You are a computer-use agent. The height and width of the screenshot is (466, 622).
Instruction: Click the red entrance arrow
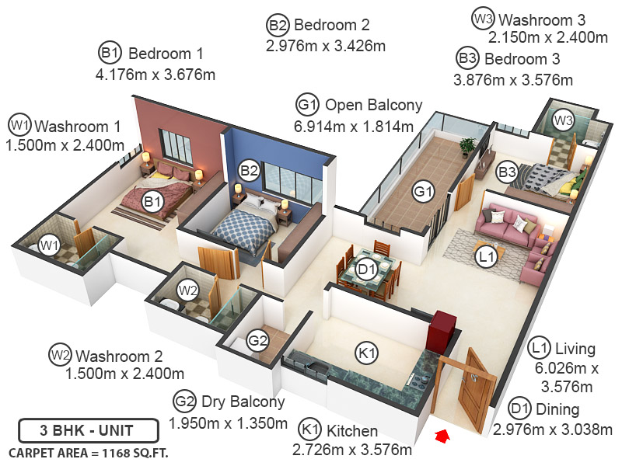click(442, 437)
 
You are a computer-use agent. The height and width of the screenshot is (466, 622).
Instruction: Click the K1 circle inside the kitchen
click(367, 353)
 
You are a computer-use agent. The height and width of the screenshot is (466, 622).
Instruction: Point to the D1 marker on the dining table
click(367, 270)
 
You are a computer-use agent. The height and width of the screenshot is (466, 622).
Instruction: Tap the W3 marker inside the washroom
click(563, 120)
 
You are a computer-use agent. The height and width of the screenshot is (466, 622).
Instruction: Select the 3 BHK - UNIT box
click(88, 430)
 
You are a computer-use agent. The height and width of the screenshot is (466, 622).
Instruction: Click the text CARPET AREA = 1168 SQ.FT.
click(88, 452)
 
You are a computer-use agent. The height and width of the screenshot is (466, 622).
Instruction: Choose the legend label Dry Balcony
click(243, 402)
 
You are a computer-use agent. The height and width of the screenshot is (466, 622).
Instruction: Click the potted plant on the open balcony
click(467, 146)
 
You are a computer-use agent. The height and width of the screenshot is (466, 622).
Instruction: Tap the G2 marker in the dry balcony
click(257, 339)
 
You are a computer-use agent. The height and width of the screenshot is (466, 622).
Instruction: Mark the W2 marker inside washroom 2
click(187, 290)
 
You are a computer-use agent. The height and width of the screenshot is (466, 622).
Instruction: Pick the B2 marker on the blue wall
click(249, 169)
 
